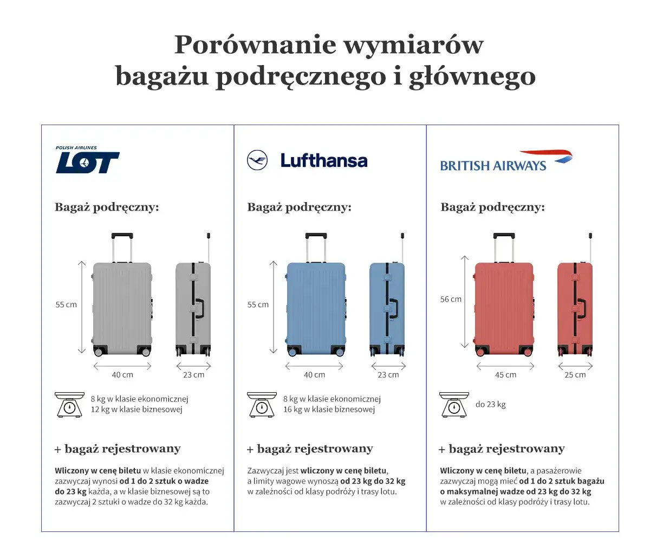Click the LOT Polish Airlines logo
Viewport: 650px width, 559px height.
point(87,161)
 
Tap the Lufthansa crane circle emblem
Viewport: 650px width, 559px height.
point(257,160)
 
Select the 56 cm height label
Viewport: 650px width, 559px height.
point(451,299)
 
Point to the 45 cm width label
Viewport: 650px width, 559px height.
point(505,375)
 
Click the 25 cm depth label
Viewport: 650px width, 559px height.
point(575,375)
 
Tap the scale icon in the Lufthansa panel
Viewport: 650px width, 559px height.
point(262,405)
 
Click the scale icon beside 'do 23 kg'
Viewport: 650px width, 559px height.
point(454,405)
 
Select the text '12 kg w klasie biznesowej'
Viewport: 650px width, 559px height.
point(136,409)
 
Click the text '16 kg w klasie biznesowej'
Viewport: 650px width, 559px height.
point(329,409)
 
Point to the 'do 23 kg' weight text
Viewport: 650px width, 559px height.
point(490,404)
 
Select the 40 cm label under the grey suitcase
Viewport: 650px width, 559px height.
point(122,375)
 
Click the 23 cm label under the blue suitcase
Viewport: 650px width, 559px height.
point(388,375)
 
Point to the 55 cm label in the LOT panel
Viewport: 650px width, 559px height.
point(66,304)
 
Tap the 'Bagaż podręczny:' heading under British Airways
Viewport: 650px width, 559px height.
point(492,207)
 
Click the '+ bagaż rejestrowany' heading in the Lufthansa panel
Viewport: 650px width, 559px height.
point(310,449)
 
